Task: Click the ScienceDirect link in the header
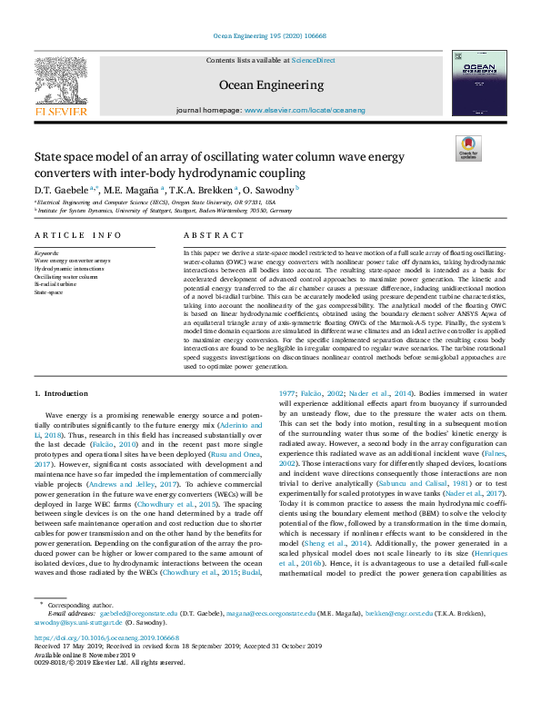click(313, 60)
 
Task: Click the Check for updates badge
click(467, 148)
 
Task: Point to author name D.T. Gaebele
click(62, 189)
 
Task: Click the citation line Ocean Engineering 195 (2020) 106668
click(270, 35)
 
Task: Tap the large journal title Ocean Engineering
click(270, 85)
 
